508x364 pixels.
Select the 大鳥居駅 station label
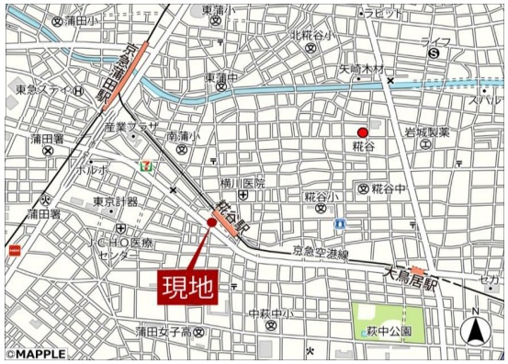pyautogui.click(x=409, y=275)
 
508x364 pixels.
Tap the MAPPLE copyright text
pyautogui.click(x=35, y=354)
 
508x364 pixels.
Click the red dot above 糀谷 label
pyautogui.click(x=362, y=132)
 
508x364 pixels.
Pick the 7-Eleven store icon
pyautogui.click(x=144, y=166)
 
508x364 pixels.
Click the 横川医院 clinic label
pyautogui.click(x=241, y=183)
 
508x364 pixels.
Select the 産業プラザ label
pyautogui.click(x=131, y=127)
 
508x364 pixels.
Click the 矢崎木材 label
pyautogui.click(x=361, y=69)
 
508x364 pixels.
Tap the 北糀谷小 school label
pyautogui.click(x=312, y=35)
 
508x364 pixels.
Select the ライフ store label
pyautogui.click(x=435, y=41)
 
